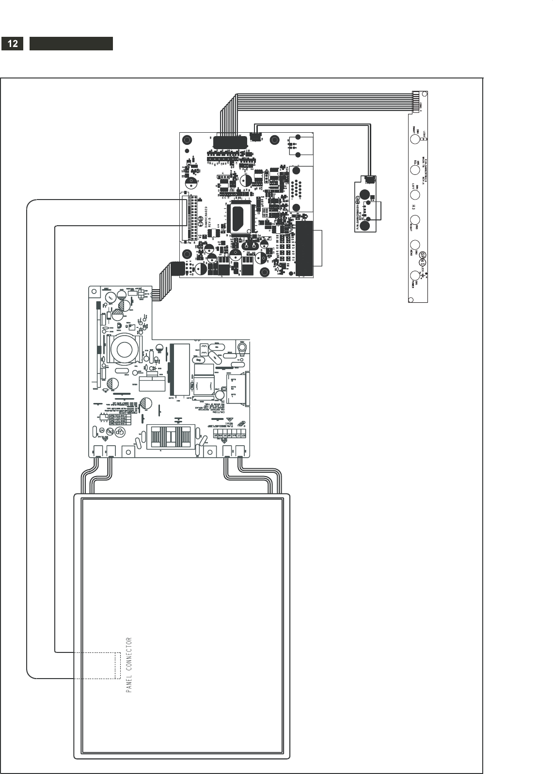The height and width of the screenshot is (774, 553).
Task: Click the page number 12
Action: (x=12, y=44)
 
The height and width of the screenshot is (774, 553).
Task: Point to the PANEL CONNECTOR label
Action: (x=129, y=664)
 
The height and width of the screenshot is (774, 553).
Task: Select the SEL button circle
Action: (x=415, y=169)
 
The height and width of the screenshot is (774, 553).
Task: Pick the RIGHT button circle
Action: (x=415, y=221)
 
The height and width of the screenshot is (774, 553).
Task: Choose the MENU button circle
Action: (x=415, y=245)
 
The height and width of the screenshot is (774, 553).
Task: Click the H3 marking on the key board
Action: (x=413, y=207)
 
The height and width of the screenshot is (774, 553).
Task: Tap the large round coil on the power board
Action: (x=123, y=347)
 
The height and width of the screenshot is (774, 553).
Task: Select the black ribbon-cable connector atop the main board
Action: (x=230, y=141)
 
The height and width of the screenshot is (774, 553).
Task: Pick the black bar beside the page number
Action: (x=71, y=44)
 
